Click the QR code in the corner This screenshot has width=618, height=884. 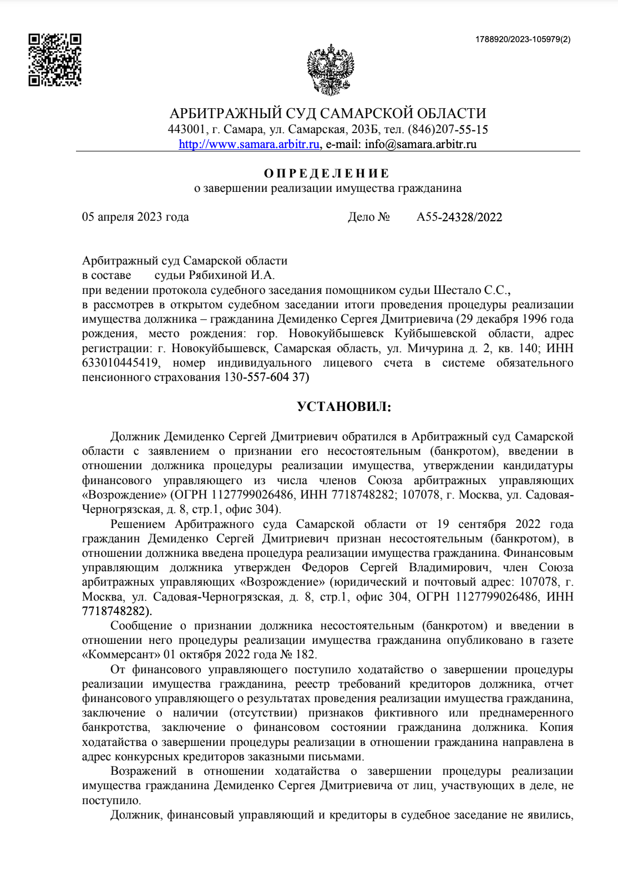(x=55, y=60)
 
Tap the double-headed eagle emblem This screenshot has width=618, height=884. (x=331, y=69)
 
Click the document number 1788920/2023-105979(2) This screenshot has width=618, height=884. (x=523, y=39)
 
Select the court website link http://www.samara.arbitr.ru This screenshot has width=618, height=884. (x=249, y=144)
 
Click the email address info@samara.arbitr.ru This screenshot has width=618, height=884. (x=421, y=144)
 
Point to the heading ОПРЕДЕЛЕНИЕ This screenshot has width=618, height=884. (x=327, y=173)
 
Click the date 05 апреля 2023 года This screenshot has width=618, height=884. (x=135, y=217)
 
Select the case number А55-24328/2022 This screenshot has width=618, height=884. (x=459, y=217)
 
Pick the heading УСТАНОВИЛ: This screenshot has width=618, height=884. (x=344, y=407)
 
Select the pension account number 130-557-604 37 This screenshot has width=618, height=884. (x=265, y=377)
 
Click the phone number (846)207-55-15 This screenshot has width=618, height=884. (x=448, y=130)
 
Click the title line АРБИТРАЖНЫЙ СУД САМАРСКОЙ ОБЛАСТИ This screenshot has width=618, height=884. (x=327, y=114)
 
